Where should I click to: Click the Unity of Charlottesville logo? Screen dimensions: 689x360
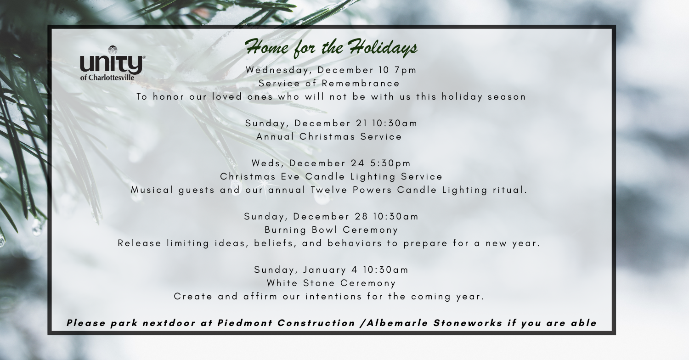click(x=113, y=63)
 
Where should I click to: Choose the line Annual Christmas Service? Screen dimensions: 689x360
click(x=329, y=136)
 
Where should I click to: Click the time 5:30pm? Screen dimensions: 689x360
click(x=390, y=163)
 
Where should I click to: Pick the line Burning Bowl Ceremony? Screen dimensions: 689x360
click(x=331, y=230)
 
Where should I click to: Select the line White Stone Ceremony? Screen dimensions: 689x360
click(x=331, y=283)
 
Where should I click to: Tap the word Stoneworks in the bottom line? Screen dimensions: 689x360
click(x=468, y=323)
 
